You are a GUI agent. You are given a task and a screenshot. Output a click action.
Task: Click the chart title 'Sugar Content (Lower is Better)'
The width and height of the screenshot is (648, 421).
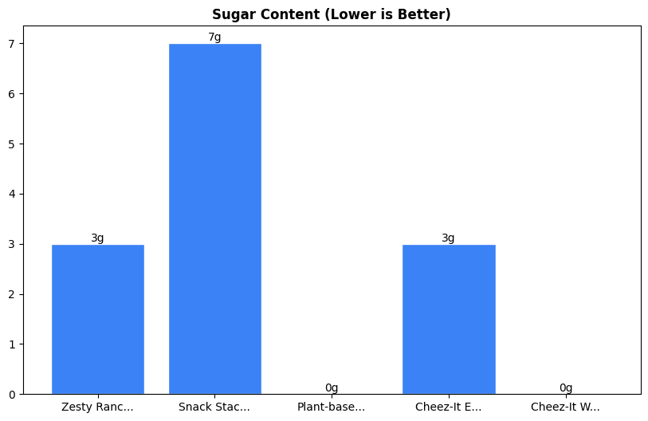[331, 14]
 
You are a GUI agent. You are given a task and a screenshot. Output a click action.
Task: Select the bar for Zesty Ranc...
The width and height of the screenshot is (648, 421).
[98, 319]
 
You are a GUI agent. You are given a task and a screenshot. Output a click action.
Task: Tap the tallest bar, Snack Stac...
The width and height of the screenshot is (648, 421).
[214, 218]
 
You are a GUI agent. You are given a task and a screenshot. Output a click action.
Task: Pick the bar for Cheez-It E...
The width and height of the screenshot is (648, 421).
[449, 319]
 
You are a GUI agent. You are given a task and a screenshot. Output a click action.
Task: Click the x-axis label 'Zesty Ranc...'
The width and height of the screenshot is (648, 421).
[97, 407]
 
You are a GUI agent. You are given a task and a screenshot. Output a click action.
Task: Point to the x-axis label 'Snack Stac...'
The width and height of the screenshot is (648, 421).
[214, 407]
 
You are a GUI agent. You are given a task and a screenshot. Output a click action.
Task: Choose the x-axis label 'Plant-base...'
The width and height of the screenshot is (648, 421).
[332, 407]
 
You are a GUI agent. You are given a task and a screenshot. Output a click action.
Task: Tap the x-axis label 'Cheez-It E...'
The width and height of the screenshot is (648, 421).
[449, 407]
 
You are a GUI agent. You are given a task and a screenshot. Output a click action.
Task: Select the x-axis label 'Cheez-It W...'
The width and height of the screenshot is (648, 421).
[565, 407]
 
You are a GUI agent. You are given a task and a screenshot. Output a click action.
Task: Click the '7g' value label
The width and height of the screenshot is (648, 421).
[214, 37]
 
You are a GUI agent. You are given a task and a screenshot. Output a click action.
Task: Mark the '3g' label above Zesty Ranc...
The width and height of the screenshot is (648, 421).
[97, 238]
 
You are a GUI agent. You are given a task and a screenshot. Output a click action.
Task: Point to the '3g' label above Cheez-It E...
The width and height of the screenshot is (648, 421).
[449, 238]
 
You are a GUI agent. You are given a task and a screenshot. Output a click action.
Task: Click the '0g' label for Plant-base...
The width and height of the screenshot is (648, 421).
[332, 388]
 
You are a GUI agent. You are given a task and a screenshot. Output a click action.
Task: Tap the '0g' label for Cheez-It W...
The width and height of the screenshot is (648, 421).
[566, 388]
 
